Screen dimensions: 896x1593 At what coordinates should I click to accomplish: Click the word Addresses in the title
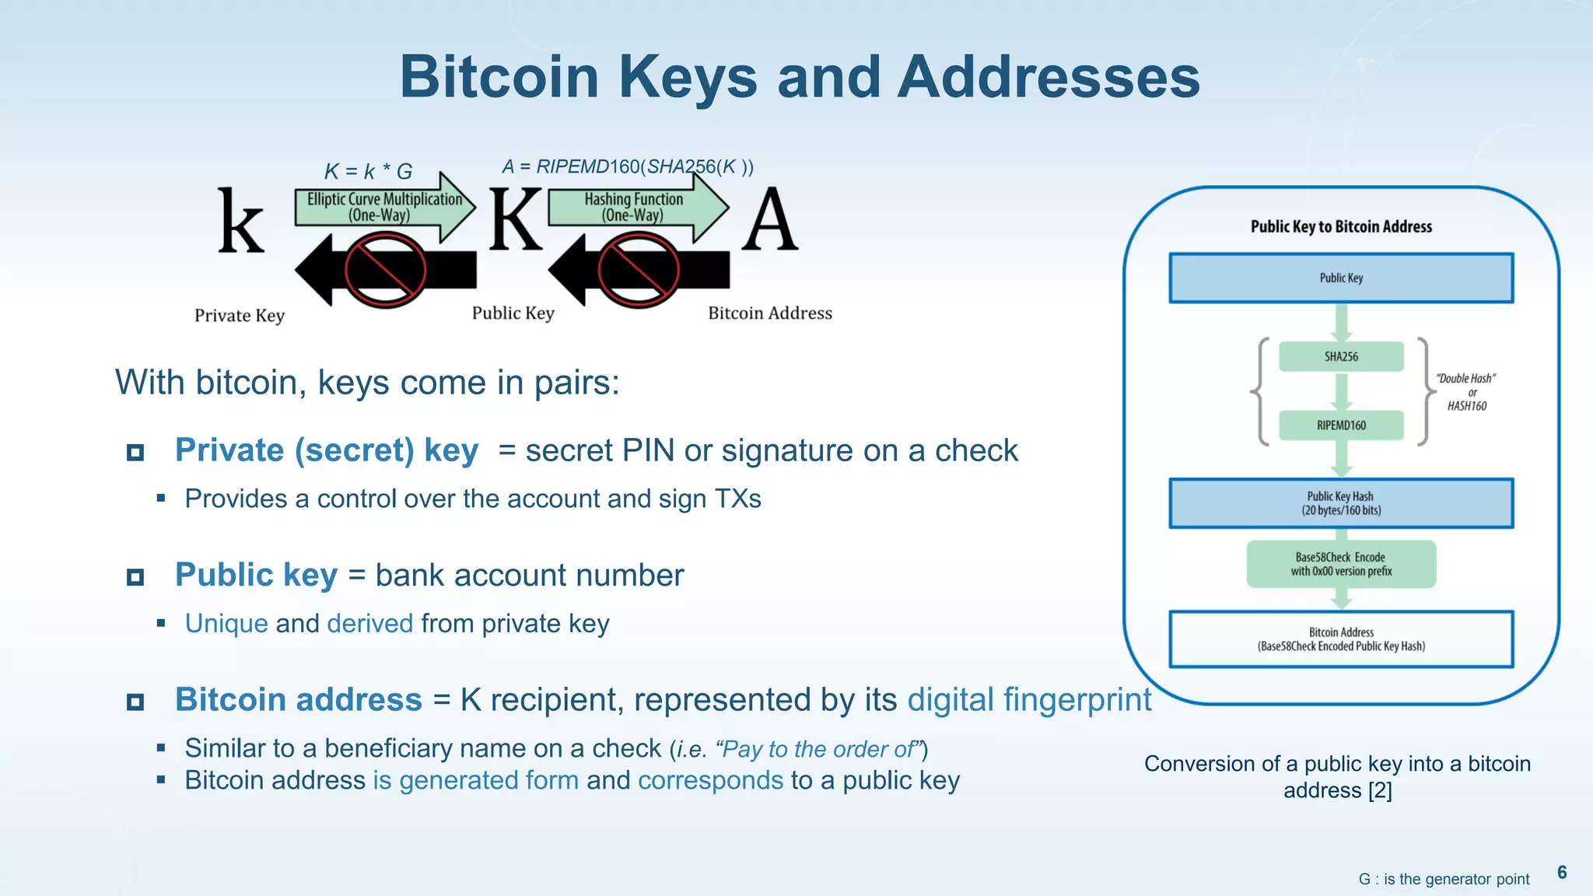(x=1049, y=77)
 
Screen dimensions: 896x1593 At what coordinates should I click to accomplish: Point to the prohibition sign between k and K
(x=385, y=271)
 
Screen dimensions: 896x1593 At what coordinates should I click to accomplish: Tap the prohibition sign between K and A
(x=639, y=271)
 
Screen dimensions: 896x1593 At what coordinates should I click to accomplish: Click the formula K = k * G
(x=368, y=171)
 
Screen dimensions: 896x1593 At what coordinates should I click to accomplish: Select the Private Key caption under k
(x=240, y=315)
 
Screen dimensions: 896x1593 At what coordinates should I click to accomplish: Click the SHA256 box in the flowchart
(x=1341, y=356)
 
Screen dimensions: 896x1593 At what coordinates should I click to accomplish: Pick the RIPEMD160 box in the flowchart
(x=1341, y=425)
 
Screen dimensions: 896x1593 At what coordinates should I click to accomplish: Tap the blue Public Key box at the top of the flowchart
(x=1341, y=278)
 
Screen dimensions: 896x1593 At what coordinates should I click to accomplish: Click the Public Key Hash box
(x=1341, y=503)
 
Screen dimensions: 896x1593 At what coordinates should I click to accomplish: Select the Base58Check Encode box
(x=1341, y=564)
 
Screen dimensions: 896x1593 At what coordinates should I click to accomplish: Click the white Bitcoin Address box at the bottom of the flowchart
(x=1341, y=639)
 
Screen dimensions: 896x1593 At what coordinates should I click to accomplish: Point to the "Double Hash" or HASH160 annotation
(x=1466, y=392)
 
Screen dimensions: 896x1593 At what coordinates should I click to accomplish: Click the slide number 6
(x=1562, y=872)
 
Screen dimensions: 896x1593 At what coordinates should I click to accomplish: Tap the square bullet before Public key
(x=135, y=577)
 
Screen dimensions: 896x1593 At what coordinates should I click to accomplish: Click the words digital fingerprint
(x=1028, y=699)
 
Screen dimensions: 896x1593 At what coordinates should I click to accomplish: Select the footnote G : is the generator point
(x=1444, y=879)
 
